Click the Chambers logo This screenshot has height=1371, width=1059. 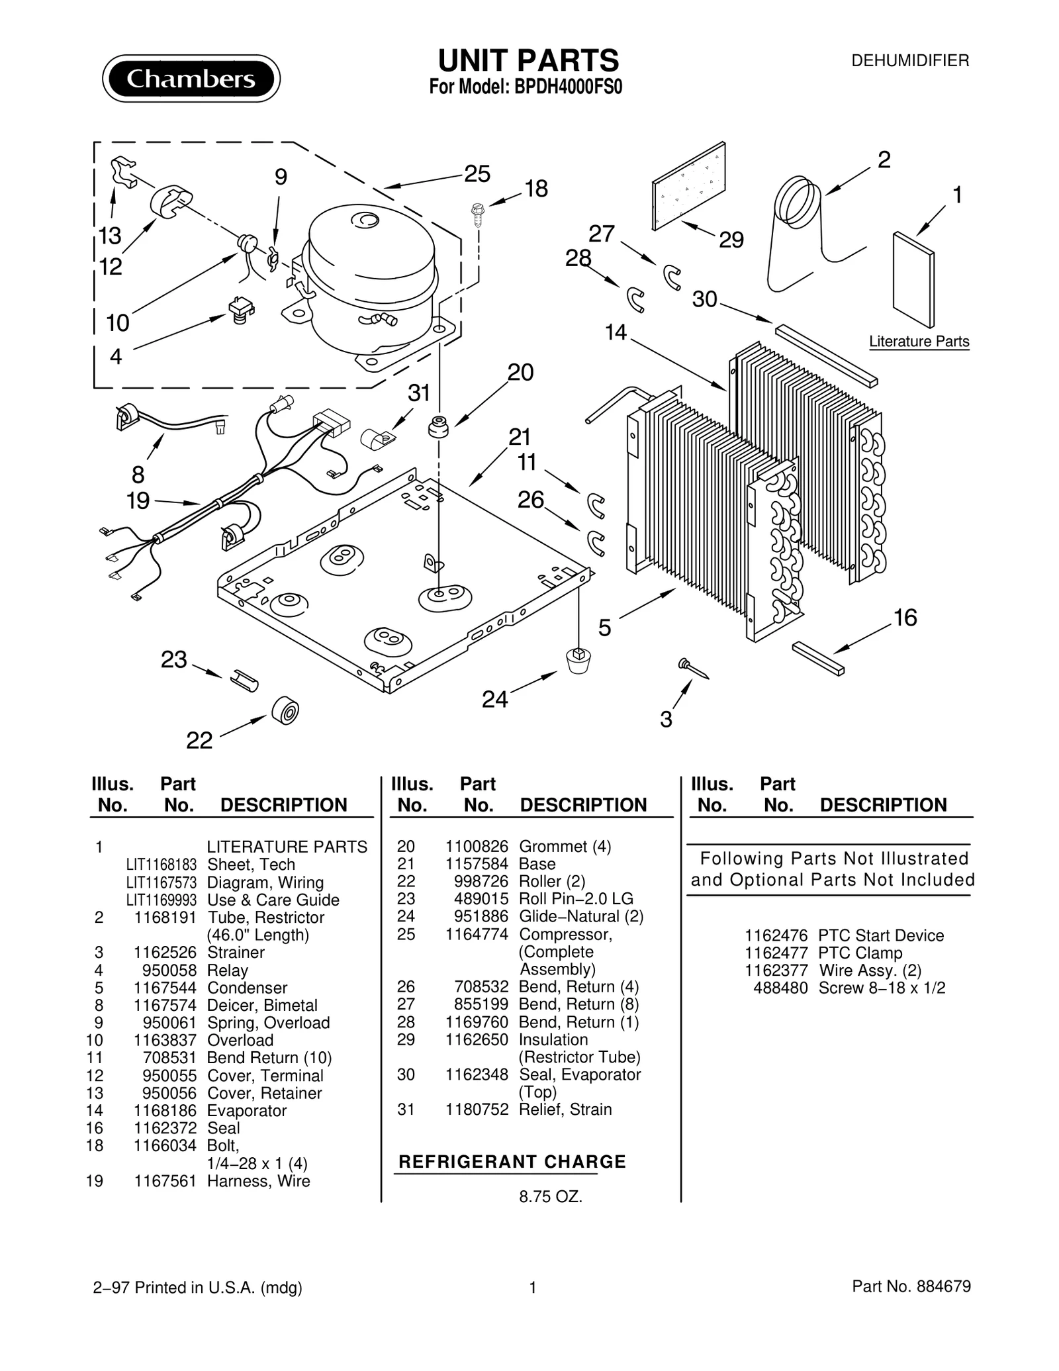click(191, 79)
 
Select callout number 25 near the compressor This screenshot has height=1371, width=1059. click(477, 174)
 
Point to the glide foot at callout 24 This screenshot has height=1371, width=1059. click(578, 660)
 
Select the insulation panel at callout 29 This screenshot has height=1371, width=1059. click(688, 185)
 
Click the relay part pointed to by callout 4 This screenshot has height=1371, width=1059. click(240, 310)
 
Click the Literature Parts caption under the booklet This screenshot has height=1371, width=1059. click(919, 342)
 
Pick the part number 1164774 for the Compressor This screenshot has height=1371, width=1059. click(477, 934)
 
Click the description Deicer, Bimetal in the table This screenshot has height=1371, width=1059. click(262, 1005)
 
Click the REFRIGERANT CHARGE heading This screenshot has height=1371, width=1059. click(512, 1162)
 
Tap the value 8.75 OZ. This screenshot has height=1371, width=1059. click(550, 1197)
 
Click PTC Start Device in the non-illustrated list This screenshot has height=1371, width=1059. click(880, 935)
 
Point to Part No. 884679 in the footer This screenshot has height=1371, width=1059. click(911, 1286)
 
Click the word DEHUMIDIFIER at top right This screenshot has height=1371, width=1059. click(909, 61)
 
